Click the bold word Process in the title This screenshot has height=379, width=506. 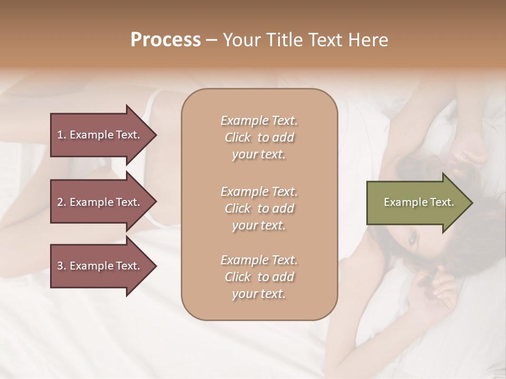[166, 40]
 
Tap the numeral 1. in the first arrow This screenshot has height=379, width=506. [62, 135]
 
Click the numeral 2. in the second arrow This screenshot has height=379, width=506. [62, 202]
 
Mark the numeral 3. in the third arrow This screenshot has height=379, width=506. [62, 266]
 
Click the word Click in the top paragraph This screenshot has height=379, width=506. [237, 138]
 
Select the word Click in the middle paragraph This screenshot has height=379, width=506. [237, 208]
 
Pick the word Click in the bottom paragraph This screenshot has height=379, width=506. [237, 277]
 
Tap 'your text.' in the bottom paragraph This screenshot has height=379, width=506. [259, 294]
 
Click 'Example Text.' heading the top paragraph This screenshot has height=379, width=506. [259, 121]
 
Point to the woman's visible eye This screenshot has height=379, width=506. [412, 241]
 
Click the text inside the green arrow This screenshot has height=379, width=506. [419, 202]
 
